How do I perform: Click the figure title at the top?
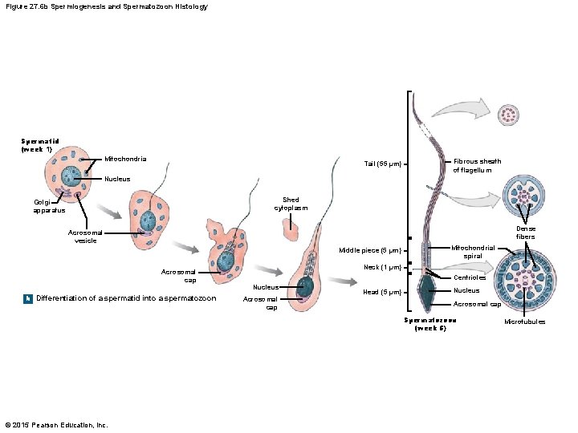(106, 6)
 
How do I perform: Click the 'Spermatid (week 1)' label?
(36, 145)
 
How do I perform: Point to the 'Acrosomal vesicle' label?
(85, 237)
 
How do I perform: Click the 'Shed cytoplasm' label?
(291, 204)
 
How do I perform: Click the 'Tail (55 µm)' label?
(381, 164)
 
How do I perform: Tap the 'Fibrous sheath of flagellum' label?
(477, 165)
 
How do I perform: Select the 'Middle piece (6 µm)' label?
(369, 250)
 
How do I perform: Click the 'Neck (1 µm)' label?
(381, 267)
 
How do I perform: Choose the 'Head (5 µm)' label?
(381, 292)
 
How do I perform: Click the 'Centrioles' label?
(469, 278)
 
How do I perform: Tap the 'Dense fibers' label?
(525, 233)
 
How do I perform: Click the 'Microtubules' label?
(524, 322)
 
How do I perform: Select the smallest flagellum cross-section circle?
(508, 115)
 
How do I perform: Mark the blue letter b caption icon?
(28, 298)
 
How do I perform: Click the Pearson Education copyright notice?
(55, 424)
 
